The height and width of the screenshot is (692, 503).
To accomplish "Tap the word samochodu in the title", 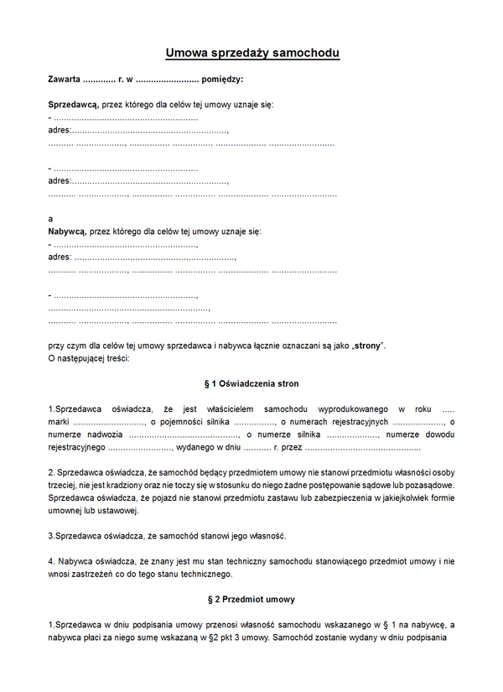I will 304,54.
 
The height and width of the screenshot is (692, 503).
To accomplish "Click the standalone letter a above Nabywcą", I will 51,218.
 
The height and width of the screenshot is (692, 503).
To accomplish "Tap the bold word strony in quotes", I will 367,346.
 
